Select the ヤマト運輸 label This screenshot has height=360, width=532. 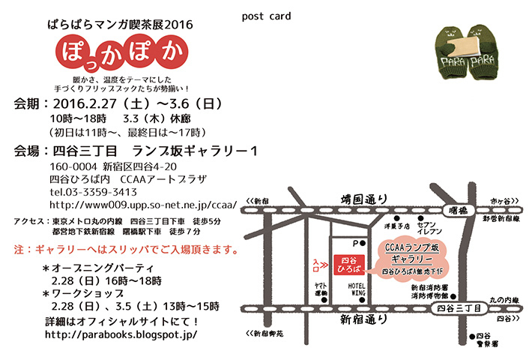point(320,289)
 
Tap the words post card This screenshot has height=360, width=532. point(267,16)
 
